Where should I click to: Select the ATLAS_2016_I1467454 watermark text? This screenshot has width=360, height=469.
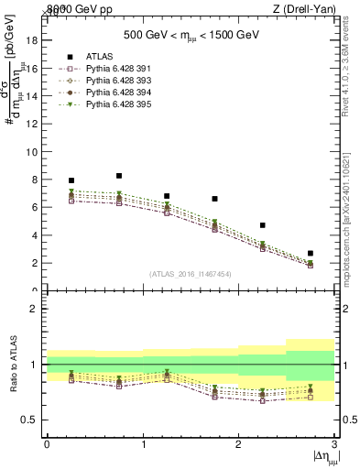click(x=190, y=274)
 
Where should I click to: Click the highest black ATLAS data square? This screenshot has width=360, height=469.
click(x=119, y=176)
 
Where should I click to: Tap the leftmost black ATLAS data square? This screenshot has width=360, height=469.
click(x=71, y=180)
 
